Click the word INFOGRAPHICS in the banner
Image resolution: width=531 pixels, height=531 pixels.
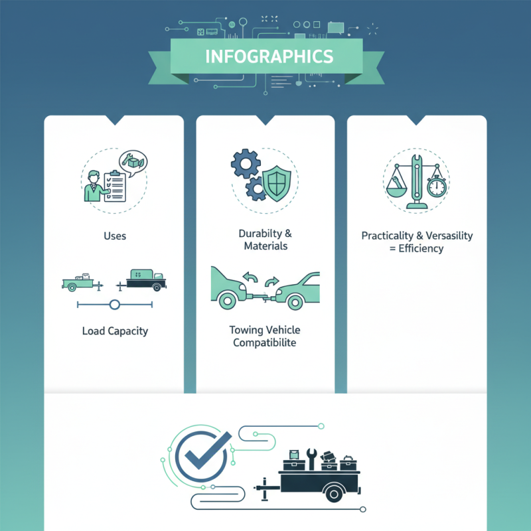(x=269, y=56)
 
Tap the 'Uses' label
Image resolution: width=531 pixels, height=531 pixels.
(x=115, y=236)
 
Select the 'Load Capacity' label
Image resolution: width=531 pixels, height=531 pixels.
(x=115, y=331)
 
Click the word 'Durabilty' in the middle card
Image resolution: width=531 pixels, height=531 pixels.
(x=260, y=234)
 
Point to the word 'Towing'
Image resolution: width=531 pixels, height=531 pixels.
(x=246, y=330)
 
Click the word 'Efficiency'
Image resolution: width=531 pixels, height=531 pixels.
(x=421, y=248)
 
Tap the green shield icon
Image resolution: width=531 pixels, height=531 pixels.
(x=277, y=184)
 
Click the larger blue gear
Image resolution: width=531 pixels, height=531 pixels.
(x=246, y=163)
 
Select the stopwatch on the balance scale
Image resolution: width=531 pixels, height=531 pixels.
(x=437, y=186)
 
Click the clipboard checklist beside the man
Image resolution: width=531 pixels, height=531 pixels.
(x=115, y=187)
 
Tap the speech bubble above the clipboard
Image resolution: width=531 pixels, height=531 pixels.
(x=133, y=163)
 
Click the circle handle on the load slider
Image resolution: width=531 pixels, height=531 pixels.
(x=115, y=305)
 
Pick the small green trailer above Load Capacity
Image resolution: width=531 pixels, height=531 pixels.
(x=82, y=283)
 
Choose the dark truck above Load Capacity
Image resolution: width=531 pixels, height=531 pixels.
(x=142, y=280)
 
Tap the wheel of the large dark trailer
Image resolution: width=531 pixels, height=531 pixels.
(x=335, y=494)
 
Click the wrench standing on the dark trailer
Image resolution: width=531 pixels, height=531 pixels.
(x=311, y=459)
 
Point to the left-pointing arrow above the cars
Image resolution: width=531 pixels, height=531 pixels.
(x=251, y=277)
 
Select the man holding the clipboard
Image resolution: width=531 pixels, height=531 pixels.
(x=95, y=187)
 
